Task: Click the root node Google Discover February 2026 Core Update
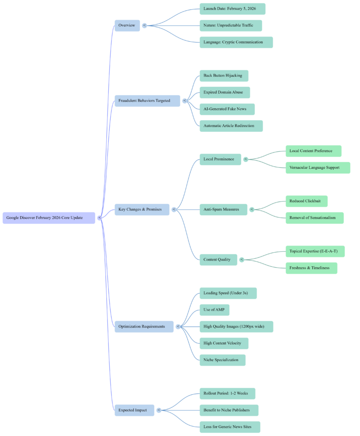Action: click(x=49, y=218)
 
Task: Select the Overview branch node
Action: click(x=127, y=25)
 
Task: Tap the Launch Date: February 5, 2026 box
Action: click(x=232, y=8)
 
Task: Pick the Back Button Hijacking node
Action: click(x=224, y=75)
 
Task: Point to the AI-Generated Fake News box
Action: click(x=227, y=109)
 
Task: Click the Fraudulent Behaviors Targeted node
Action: click(x=147, y=100)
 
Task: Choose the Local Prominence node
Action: click(x=220, y=159)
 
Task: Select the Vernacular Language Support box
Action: click(x=317, y=167)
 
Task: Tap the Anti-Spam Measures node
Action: click(x=223, y=209)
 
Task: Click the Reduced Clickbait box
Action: click(x=306, y=201)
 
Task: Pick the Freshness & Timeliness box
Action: click(x=311, y=268)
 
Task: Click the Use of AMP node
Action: click(x=214, y=310)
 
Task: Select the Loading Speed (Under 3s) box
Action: click(x=228, y=293)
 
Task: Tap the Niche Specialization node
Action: click(x=222, y=360)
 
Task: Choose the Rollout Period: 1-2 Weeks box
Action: click(x=227, y=393)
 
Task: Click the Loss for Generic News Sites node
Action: click(x=229, y=427)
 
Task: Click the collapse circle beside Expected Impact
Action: click(x=159, y=410)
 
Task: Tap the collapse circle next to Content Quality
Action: click(x=242, y=259)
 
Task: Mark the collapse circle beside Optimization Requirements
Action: click(x=178, y=326)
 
